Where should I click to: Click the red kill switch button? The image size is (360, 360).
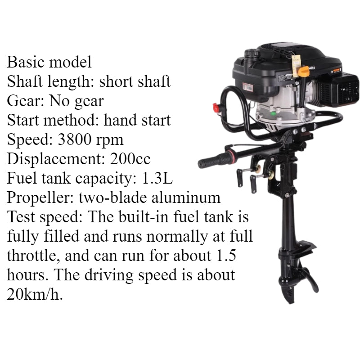click(x=217, y=108)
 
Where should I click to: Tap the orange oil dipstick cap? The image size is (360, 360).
click(x=305, y=71)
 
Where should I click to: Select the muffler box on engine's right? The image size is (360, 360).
click(x=346, y=90)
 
